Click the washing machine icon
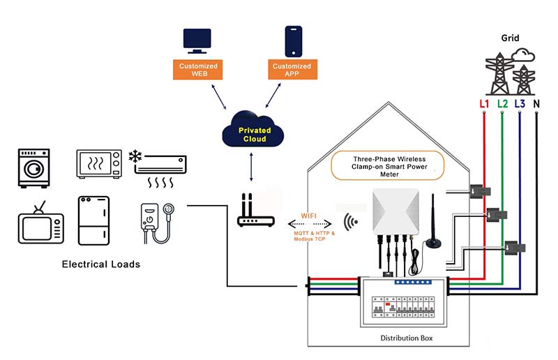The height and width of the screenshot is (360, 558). click(33, 167)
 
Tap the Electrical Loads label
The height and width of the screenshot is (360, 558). click(100, 264)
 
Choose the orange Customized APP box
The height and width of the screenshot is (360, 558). click(293, 69)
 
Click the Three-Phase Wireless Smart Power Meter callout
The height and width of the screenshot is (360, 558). click(388, 166)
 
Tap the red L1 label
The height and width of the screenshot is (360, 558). click(484, 103)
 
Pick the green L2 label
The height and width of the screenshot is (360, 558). click(502, 103)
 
